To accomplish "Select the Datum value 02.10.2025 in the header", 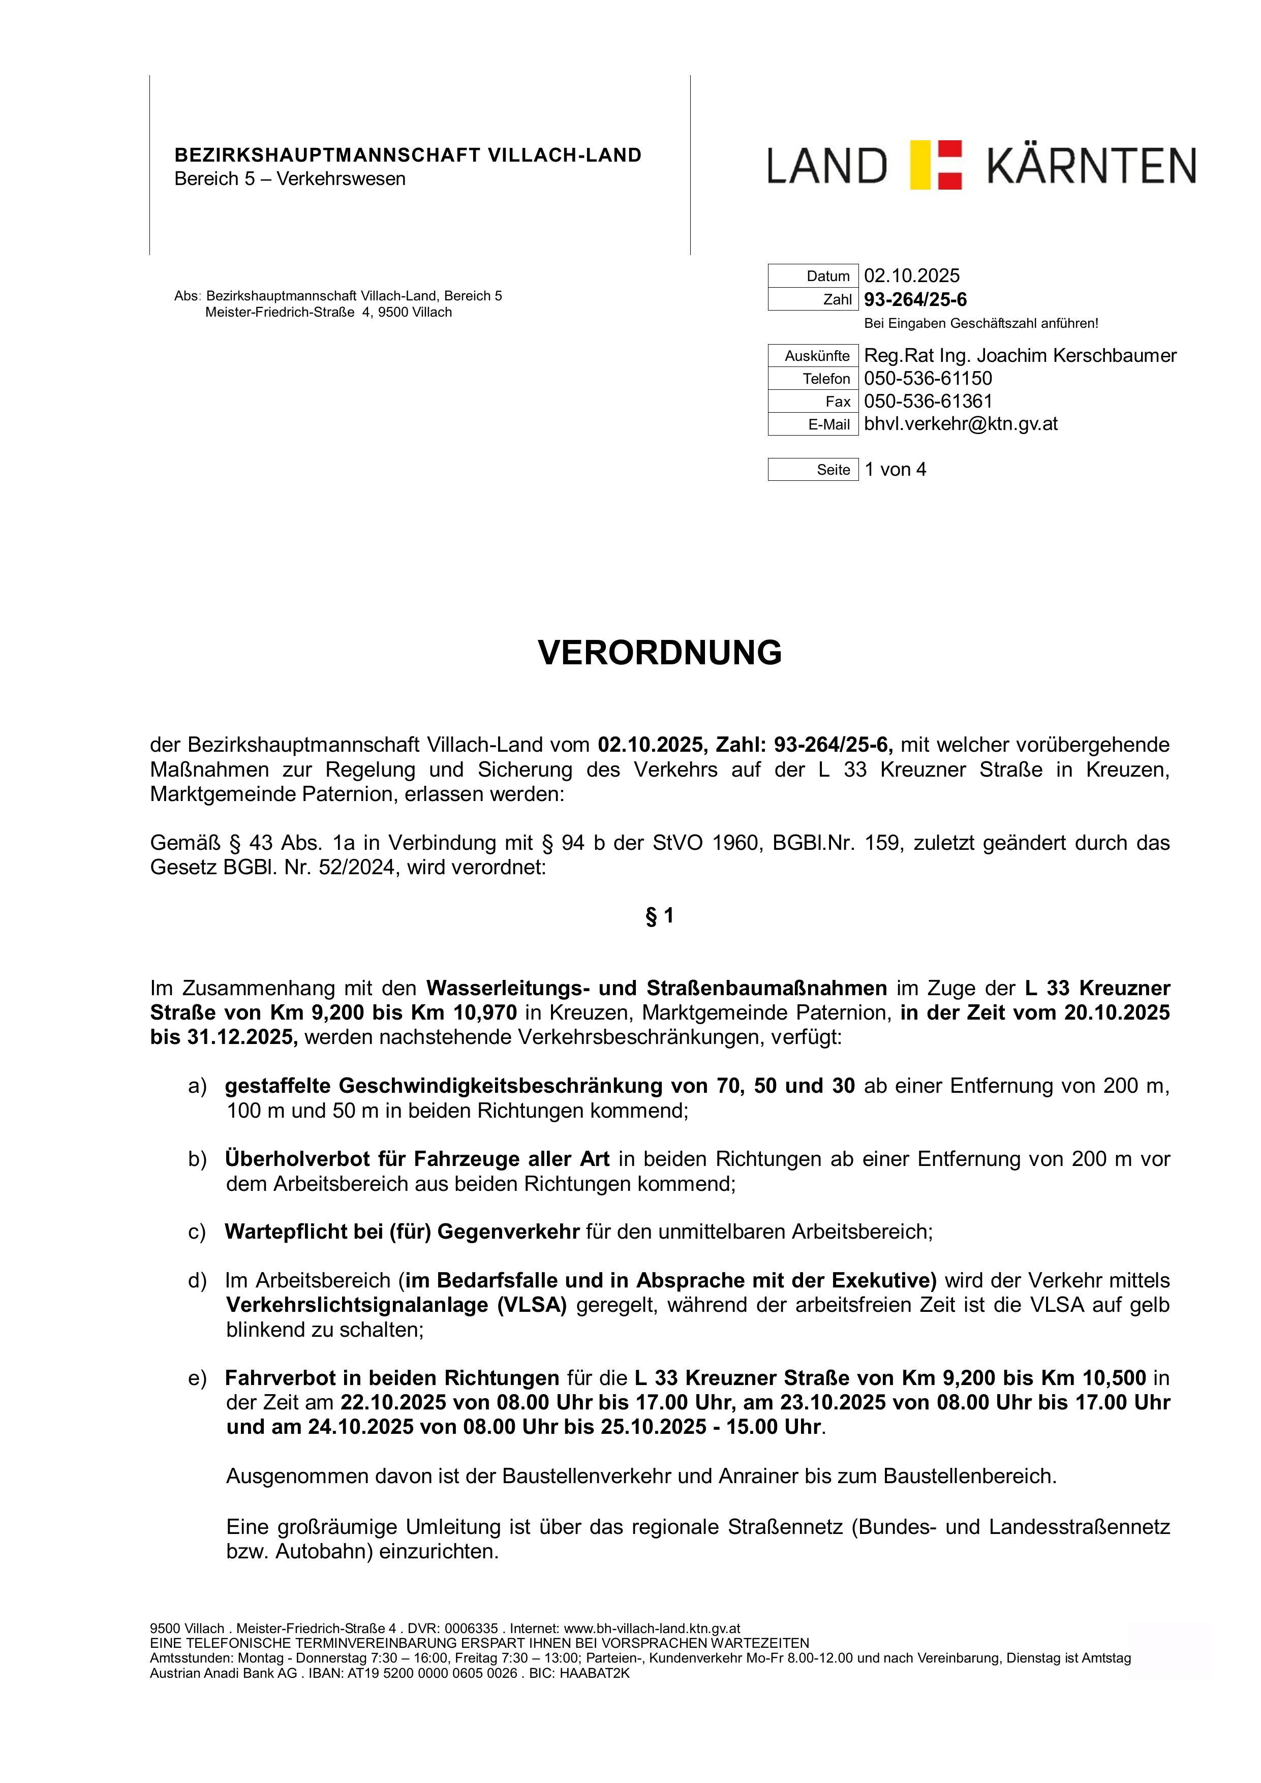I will coord(912,275).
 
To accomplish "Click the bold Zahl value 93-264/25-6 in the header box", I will coord(915,300).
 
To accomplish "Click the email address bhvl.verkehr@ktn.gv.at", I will coord(961,423).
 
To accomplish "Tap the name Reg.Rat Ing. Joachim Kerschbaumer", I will coord(1020,356).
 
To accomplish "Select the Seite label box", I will coord(813,470).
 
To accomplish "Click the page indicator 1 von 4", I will coord(895,469).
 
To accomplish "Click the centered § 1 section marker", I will coord(659,916).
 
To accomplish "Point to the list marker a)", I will coord(197,1086).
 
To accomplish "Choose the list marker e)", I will coord(197,1378).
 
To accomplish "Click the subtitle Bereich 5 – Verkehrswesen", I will coord(290,178).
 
